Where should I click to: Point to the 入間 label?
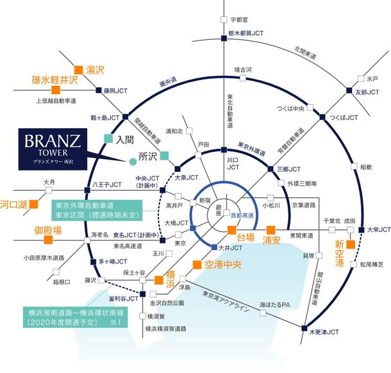pos(124,138)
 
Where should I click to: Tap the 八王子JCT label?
pos(107,184)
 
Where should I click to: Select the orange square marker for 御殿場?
pos(47,240)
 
